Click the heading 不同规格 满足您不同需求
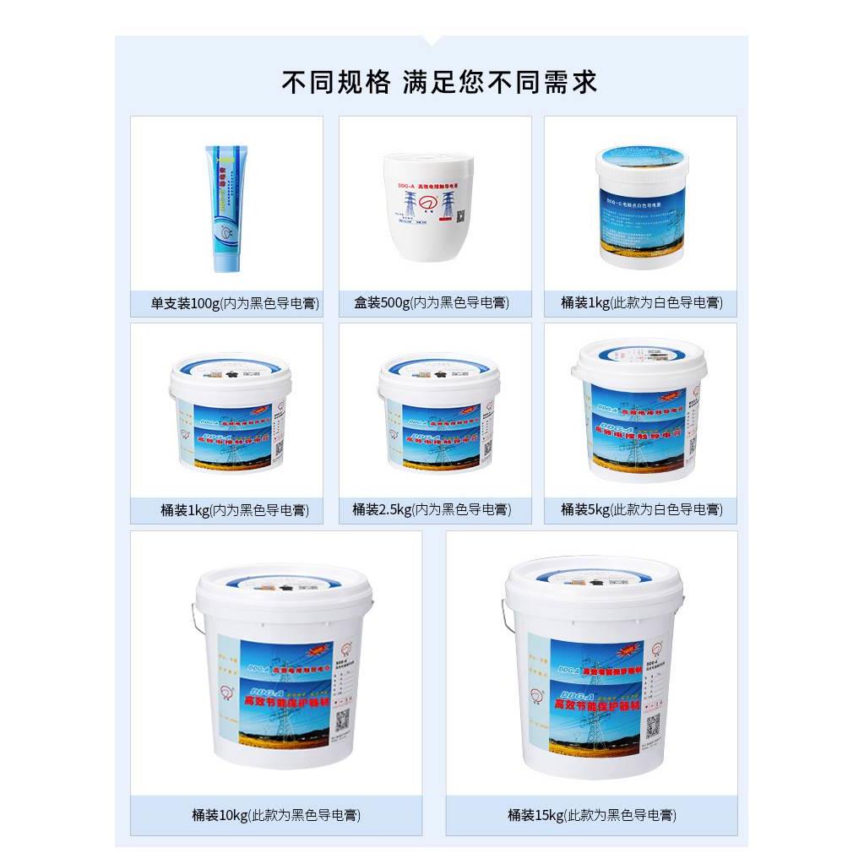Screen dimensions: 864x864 [439, 82]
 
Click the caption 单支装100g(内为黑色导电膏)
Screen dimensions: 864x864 [226, 302]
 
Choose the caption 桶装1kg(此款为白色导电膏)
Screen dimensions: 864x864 [641, 302]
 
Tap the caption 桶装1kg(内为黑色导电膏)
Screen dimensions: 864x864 [226, 509]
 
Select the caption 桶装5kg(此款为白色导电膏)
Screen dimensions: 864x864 [641, 509]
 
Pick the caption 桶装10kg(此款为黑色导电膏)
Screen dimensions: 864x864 [276, 815]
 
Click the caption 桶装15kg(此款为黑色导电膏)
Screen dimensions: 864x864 [591, 815]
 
